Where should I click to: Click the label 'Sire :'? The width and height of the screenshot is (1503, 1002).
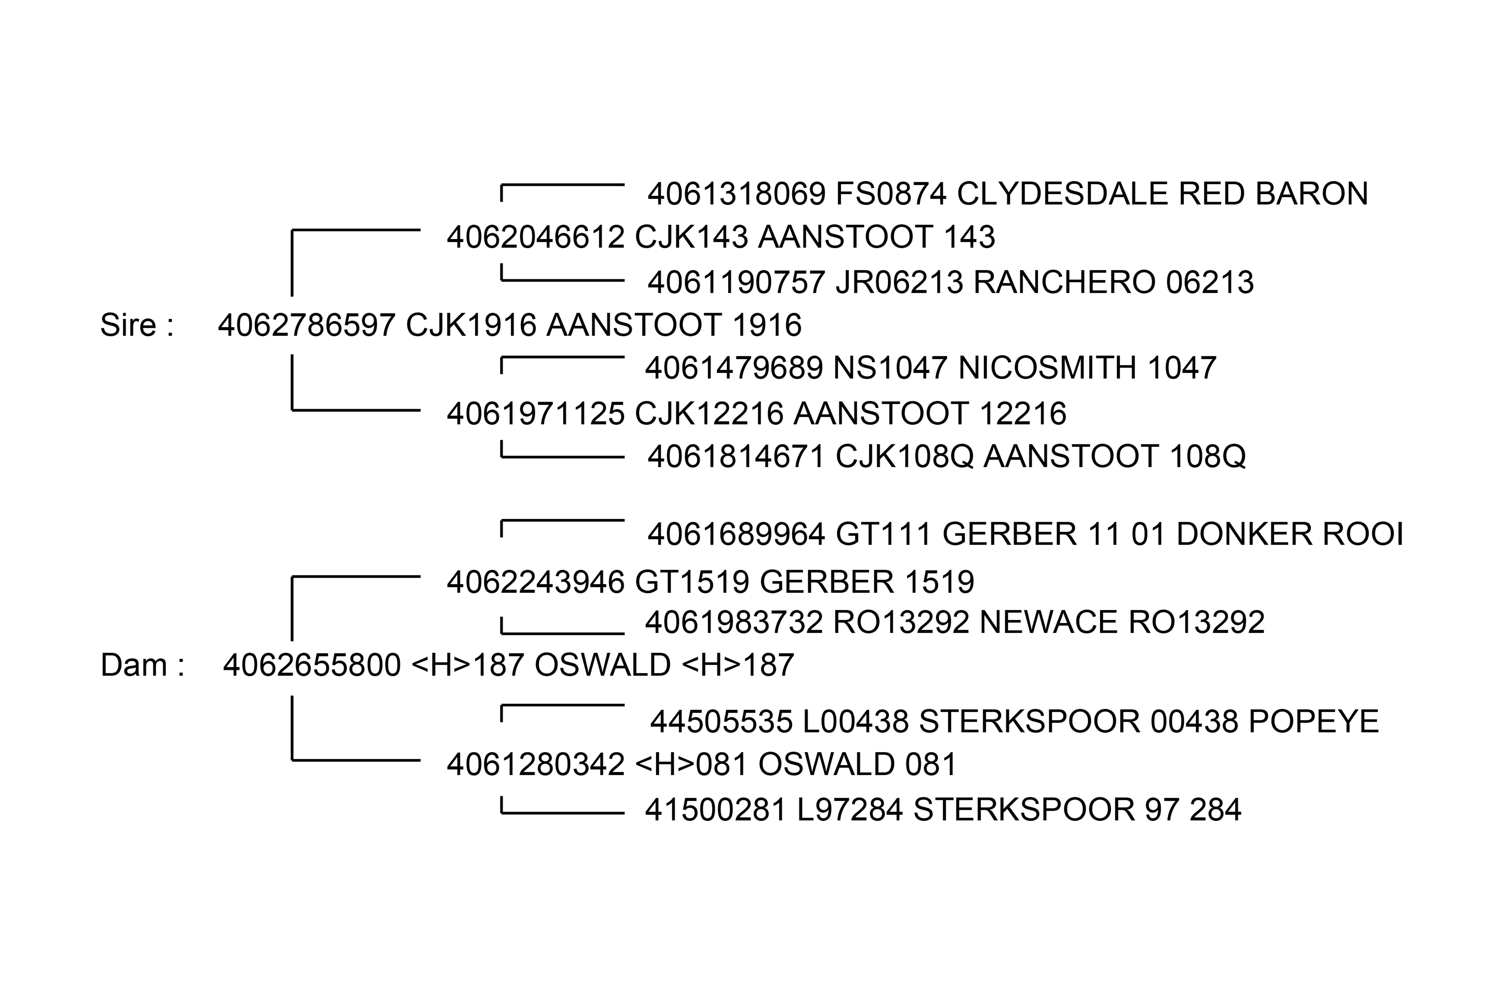(x=137, y=325)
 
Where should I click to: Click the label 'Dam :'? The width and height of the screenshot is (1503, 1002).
(x=142, y=665)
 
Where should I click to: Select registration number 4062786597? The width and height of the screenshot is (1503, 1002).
(x=307, y=325)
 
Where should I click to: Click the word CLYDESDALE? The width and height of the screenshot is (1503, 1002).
(x=1062, y=194)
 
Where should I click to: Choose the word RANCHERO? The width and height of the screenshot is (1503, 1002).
(x=1064, y=283)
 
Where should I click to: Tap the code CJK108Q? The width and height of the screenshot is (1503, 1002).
(x=904, y=456)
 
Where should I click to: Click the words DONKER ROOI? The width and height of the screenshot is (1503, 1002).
(x=1290, y=534)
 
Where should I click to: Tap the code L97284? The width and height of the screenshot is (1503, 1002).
(x=850, y=810)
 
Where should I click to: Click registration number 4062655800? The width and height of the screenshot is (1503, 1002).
(x=312, y=665)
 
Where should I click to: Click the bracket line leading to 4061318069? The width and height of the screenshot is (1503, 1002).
(x=562, y=185)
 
